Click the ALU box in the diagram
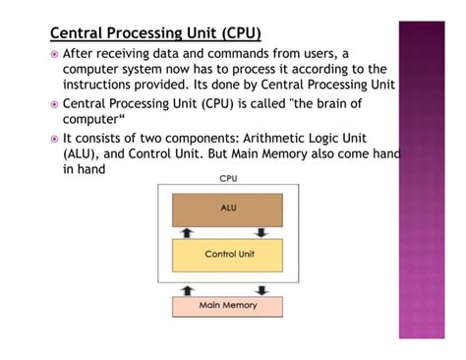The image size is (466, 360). (227, 209)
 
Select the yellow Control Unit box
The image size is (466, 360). (227, 255)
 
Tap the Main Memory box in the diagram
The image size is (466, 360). (227, 306)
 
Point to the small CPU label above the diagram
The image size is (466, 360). (228, 179)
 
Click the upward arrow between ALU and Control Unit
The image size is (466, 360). (191, 232)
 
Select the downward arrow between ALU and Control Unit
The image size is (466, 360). (262, 232)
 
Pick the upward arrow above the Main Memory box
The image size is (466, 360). (191, 289)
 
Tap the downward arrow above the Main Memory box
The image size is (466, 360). (262, 289)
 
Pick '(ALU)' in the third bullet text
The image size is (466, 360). (83, 154)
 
